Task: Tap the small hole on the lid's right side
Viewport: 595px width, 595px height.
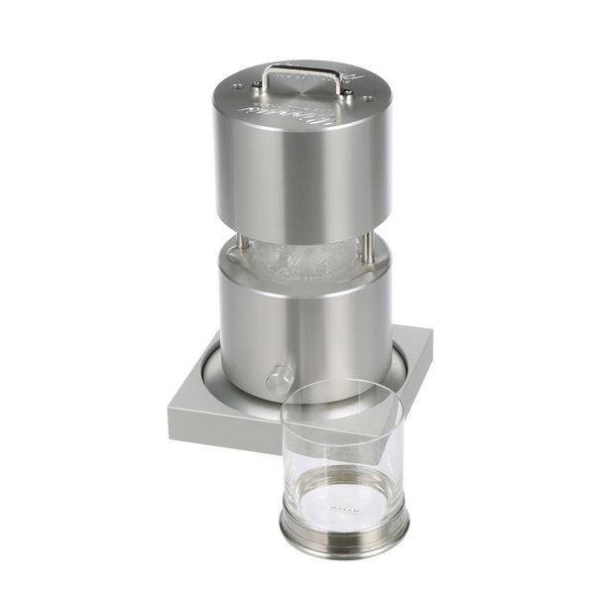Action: click(370, 97)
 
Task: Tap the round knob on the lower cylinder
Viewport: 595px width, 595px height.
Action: click(279, 378)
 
